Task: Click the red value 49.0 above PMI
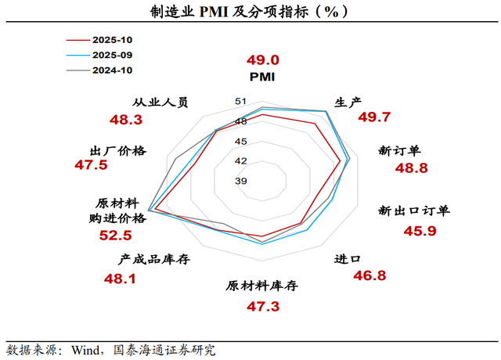[262, 60]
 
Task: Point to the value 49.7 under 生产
[374, 117]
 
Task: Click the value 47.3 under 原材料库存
[263, 306]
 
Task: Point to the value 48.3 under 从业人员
[125, 120]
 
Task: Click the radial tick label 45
[241, 142]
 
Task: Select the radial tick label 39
[241, 182]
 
